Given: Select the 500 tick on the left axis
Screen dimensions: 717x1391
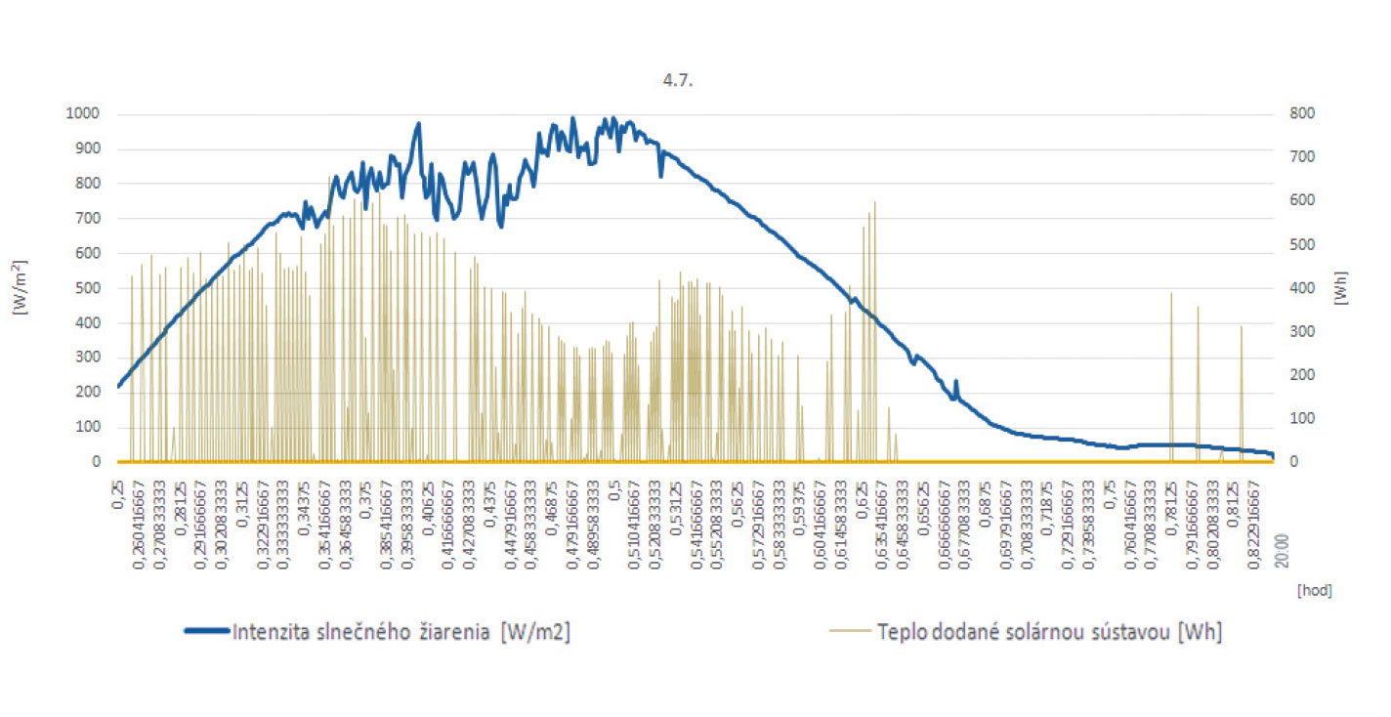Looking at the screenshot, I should tap(89, 288).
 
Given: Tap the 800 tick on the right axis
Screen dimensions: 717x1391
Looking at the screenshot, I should tap(1302, 114).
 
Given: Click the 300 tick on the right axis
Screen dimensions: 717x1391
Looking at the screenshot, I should tap(1302, 332).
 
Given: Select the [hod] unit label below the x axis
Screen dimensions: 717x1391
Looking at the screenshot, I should tap(1314, 590).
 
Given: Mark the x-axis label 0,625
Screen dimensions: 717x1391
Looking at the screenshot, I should tap(863, 494).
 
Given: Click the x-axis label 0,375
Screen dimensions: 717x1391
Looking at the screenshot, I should tap(366, 494).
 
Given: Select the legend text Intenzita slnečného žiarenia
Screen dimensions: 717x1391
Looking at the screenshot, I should tap(400, 632).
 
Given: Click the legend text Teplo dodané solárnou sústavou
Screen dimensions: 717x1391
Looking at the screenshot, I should tap(1050, 632).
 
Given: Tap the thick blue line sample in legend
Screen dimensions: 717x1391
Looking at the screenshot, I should tap(207, 631).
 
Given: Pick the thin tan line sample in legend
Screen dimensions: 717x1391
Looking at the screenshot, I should tap(851, 631).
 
